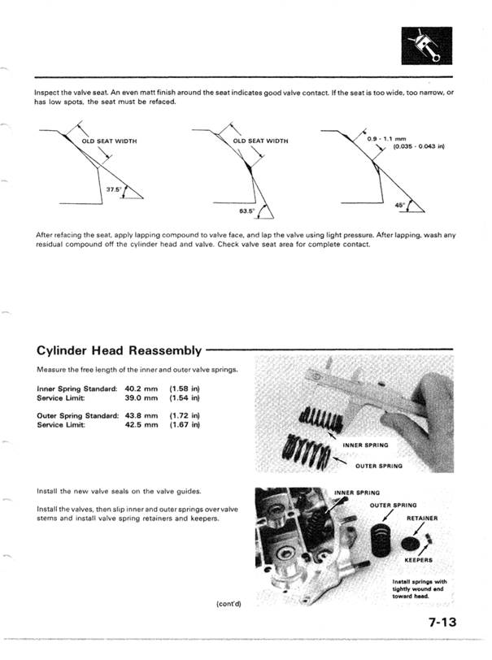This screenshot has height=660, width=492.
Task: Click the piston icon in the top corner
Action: (x=427, y=46)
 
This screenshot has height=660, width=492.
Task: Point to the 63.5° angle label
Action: (x=247, y=211)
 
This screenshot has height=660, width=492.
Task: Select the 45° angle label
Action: (x=400, y=205)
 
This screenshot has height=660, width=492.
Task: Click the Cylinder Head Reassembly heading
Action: (x=119, y=350)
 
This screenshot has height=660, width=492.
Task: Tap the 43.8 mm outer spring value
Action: (x=141, y=415)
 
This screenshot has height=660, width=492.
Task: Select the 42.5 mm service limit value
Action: (x=141, y=425)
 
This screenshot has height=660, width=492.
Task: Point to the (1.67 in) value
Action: (x=185, y=425)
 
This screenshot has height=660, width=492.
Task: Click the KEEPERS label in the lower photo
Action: (x=421, y=560)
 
